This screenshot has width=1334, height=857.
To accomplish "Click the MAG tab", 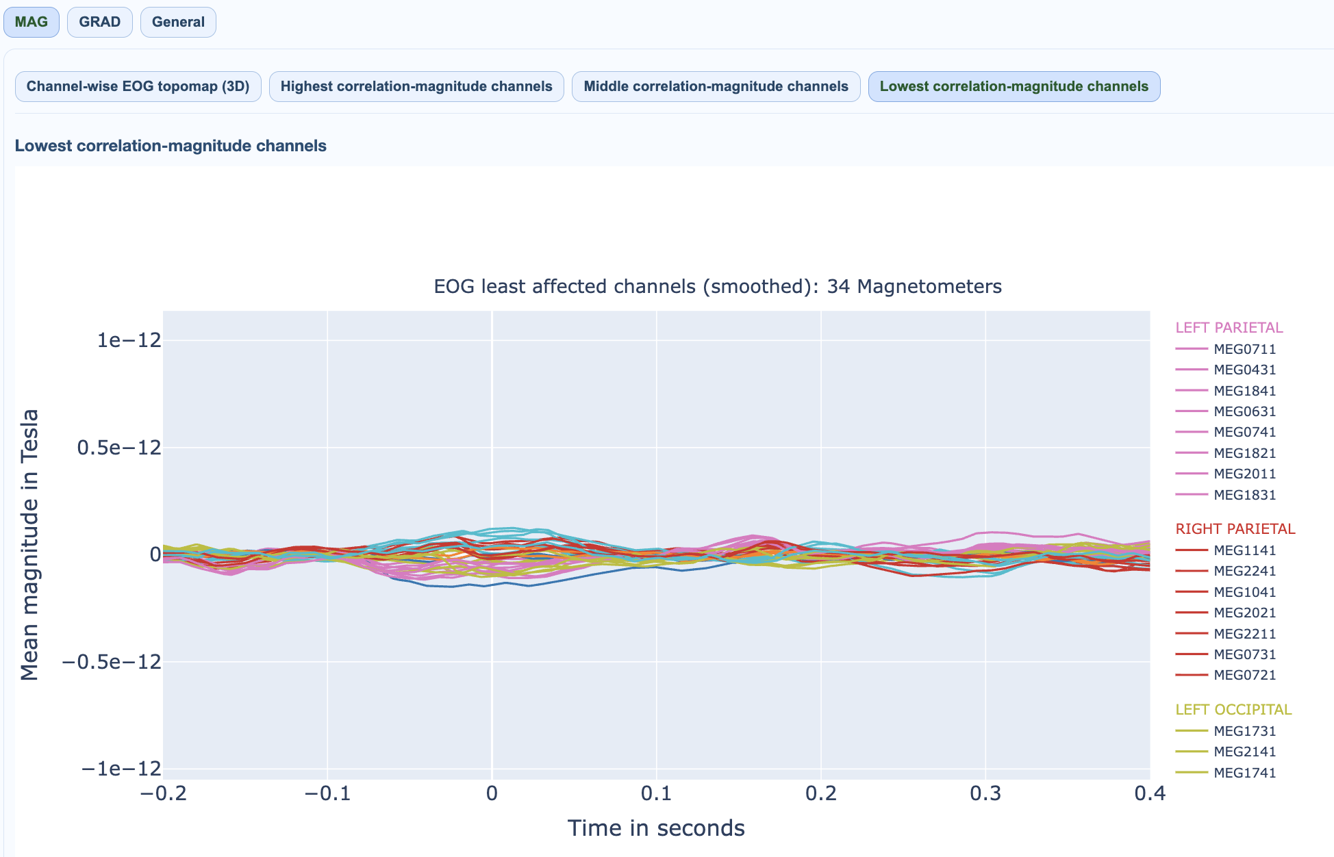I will tap(32, 22).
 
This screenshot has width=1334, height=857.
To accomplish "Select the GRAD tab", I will tap(100, 22).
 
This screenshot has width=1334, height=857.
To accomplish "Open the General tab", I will tap(178, 22).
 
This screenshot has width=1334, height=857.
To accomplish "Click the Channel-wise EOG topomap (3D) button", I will tap(138, 86).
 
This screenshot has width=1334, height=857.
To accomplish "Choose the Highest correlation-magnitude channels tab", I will tap(416, 86).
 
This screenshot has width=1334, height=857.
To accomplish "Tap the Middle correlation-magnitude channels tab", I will tap(716, 86).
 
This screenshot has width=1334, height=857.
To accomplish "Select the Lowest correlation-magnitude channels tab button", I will tap(1014, 86).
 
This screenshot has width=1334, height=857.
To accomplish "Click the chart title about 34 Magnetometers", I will tap(718, 286).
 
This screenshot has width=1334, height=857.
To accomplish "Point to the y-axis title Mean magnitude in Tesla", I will tap(29, 545).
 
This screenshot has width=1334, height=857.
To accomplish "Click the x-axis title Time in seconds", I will tap(656, 828).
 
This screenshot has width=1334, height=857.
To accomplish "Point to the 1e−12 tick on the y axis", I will tap(129, 340).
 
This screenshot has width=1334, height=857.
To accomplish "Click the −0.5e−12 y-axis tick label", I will tap(112, 662).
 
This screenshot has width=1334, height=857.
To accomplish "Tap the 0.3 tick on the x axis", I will tap(985, 793).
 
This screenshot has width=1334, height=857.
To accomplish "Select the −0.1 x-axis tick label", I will tap(327, 793).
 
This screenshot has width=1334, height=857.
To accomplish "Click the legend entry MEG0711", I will tap(1244, 349).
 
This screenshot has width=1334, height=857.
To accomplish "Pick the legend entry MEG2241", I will tap(1244, 571).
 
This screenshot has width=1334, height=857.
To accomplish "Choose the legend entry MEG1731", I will tap(1244, 731).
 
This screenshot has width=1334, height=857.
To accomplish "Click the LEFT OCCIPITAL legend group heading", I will tap(1233, 710).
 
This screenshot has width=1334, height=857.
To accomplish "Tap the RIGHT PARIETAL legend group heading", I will tap(1235, 529).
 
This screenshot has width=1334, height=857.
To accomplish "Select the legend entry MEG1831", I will tap(1244, 495).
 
